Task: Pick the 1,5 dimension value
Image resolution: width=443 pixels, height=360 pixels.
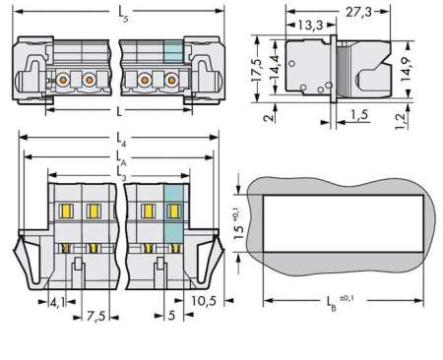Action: click(x=360, y=116)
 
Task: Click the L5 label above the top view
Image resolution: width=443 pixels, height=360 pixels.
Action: click(x=124, y=12)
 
